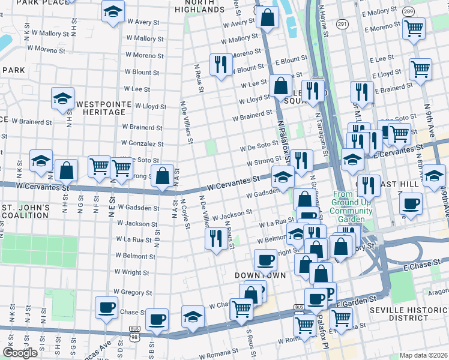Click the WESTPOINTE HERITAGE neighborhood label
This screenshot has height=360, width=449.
(103, 112)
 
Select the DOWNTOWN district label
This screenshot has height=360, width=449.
(260, 275)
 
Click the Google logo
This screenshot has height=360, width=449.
(20, 353)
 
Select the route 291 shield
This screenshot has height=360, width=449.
(342, 23)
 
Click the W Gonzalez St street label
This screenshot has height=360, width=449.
(142, 144)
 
